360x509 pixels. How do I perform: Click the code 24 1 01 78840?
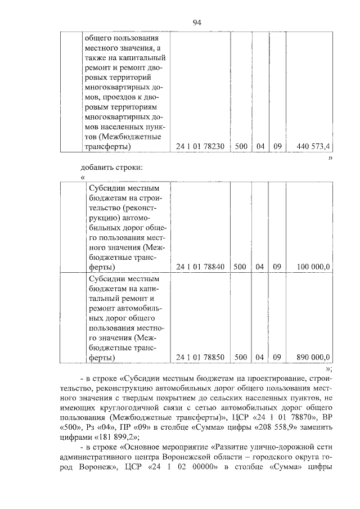click(200, 266)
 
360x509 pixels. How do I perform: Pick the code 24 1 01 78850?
click(200, 357)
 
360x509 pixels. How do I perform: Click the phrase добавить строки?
click(112, 166)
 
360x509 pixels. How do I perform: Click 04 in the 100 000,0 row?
click(260, 266)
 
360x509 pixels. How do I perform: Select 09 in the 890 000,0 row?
click(277, 357)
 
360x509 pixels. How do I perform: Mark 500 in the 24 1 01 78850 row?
click(241, 357)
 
